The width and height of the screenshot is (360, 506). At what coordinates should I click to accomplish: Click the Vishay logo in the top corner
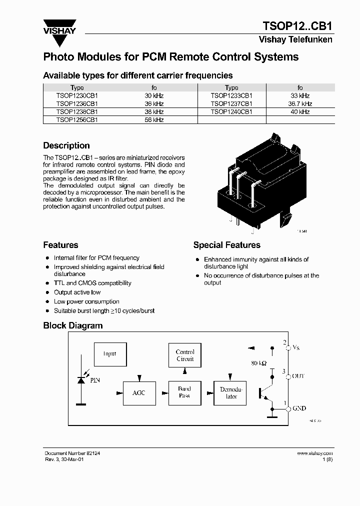59,26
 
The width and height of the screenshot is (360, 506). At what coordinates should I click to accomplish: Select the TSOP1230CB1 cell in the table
77,95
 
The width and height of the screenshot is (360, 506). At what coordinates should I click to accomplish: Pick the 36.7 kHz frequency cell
300,103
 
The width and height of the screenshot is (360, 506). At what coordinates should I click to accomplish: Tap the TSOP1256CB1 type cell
77,120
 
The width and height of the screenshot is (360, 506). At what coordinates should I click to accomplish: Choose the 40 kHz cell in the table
300,112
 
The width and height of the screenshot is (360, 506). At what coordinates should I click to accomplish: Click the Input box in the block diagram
109,353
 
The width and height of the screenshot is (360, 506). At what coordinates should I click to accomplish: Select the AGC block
138,393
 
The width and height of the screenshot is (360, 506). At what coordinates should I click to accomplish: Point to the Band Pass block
184,392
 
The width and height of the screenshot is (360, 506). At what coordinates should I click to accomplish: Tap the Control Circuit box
185,355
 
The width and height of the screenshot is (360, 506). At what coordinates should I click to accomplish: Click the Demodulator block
231,393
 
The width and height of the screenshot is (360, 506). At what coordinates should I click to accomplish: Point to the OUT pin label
297,376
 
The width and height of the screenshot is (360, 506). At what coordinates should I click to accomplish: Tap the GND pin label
299,408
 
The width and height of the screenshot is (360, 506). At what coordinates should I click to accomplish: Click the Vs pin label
296,347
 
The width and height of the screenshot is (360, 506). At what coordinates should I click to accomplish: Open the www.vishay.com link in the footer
314,453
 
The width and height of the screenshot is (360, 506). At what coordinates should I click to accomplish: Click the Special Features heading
226,245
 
